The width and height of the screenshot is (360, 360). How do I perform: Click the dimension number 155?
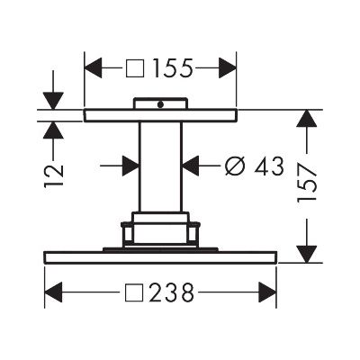click(172, 68)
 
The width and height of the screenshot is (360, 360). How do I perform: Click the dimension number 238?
click(172, 292)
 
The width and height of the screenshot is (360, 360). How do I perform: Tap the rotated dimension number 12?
click(54, 175)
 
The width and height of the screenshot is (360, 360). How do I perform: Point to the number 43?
click(268, 166)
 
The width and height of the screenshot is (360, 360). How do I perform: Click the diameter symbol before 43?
click(234, 166)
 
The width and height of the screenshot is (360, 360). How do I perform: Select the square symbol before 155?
click(135, 68)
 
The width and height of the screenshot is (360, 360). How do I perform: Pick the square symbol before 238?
click(134, 292)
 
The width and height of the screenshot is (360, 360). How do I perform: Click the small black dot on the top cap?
click(161, 104)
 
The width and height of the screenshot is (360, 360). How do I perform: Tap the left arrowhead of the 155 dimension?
click(94, 68)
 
